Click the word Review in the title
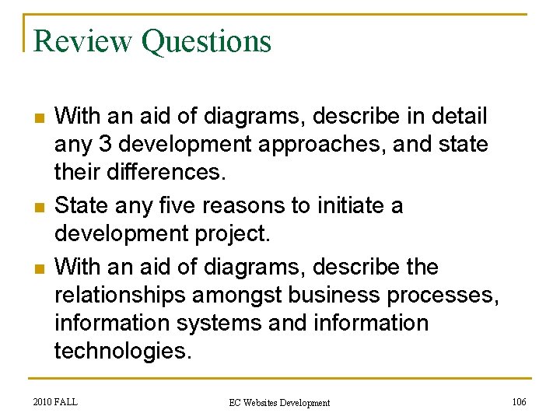coord(84,40)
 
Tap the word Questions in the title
coord(206,42)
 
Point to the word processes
coord(450,296)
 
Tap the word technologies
coord(122,351)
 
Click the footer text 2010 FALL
coord(56,401)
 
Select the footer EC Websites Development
coord(279,402)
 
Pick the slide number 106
coord(519,401)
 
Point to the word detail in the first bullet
coord(457,117)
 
